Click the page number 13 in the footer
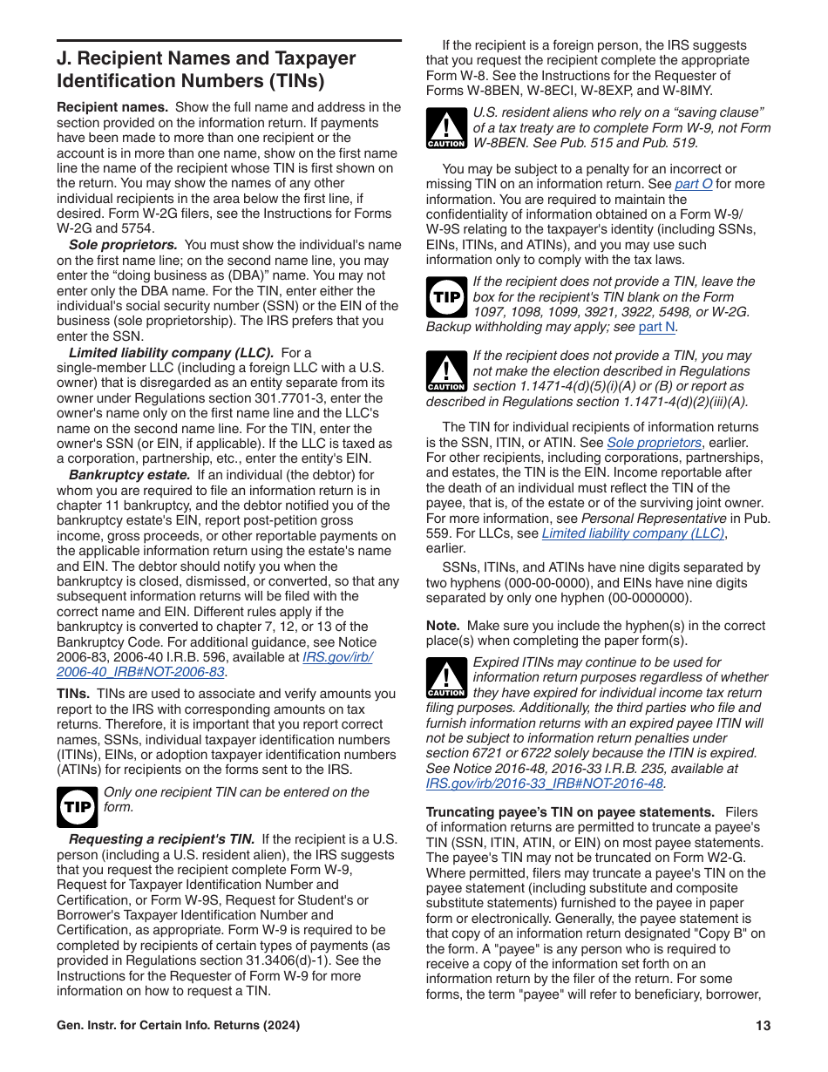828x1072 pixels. click(x=763, y=1026)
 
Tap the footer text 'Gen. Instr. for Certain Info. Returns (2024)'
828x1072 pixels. click(x=179, y=1026)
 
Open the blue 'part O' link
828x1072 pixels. click(x=693, y=185)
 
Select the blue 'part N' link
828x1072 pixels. click(x=656, y=327)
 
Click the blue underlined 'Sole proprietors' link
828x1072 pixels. click(x=654, y=443)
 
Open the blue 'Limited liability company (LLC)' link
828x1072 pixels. click(x=634, y=533)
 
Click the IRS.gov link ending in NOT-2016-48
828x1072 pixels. click(x=545, y=784)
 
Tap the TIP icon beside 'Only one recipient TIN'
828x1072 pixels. click(x=78, y=806)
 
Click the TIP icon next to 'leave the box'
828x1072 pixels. click(x=447, y=297)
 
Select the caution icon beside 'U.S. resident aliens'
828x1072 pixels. click(x=446, y=128)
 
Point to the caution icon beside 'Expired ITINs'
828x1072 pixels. click(x=446, y=678)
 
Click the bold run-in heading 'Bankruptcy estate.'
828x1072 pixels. click(x=129, y=475)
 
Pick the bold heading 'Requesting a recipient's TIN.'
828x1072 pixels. click(x=161, y=839)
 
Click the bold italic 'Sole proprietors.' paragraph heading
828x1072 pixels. click(x=123, y=246)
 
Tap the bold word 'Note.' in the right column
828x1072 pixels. click(x=443, y=626)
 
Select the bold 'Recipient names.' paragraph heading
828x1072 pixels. click(x=112, y=107)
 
